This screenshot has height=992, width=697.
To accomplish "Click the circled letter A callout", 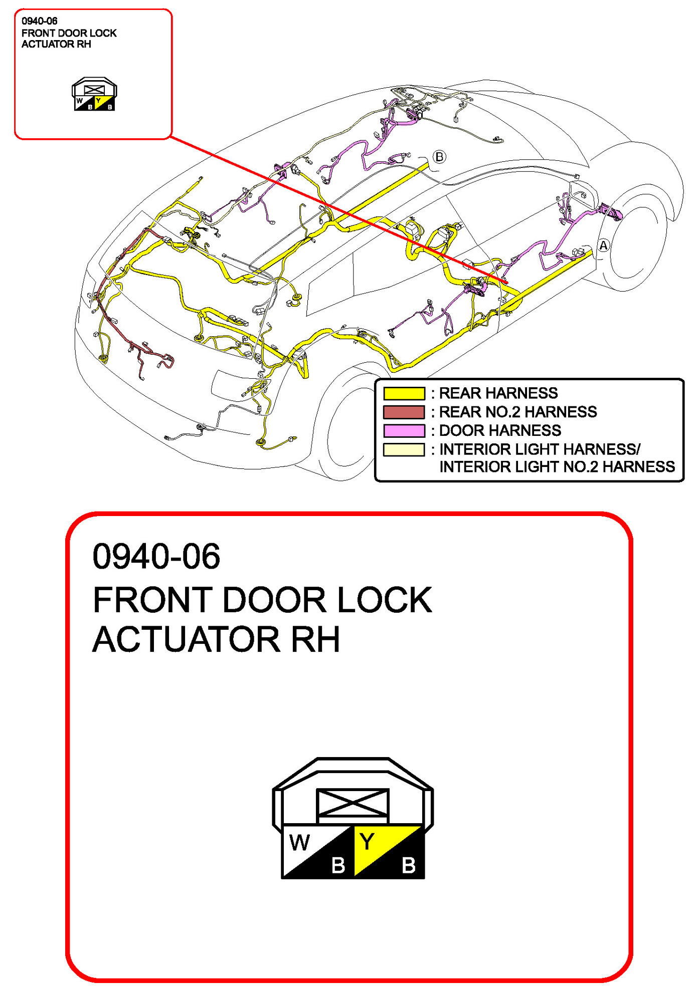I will tap(603, 245).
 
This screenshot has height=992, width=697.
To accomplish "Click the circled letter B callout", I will tap(439, 157).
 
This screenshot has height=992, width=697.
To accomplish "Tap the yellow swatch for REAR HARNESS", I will tap(404, 393).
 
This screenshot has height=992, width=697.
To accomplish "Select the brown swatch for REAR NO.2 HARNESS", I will tap(404, 412).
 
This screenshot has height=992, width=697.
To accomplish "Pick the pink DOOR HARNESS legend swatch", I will tap(404, 430).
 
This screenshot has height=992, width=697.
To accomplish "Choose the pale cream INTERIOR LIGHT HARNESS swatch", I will tap(404, 449).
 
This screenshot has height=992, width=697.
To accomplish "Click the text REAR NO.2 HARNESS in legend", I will tap(517, 412).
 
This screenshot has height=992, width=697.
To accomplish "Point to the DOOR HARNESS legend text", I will tap(500, 430).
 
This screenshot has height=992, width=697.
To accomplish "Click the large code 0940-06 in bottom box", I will tap(156, 556).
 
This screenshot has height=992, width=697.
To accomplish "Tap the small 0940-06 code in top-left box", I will tap(39, 21).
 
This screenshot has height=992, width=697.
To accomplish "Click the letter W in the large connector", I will tap(299, 843).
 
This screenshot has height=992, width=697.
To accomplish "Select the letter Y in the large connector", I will tap(367, 842).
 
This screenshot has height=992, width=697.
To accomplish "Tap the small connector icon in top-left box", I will tap(94, 94).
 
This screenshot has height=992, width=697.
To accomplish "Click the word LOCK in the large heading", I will tap(384, 600).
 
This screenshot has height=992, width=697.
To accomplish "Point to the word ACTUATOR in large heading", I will tap(186, 639).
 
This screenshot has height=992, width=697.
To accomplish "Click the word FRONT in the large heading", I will tap(153, 600).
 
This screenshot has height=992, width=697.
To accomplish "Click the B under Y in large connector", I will tap(409, 865).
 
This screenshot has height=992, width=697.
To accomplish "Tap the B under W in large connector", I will tap(338, 865).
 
